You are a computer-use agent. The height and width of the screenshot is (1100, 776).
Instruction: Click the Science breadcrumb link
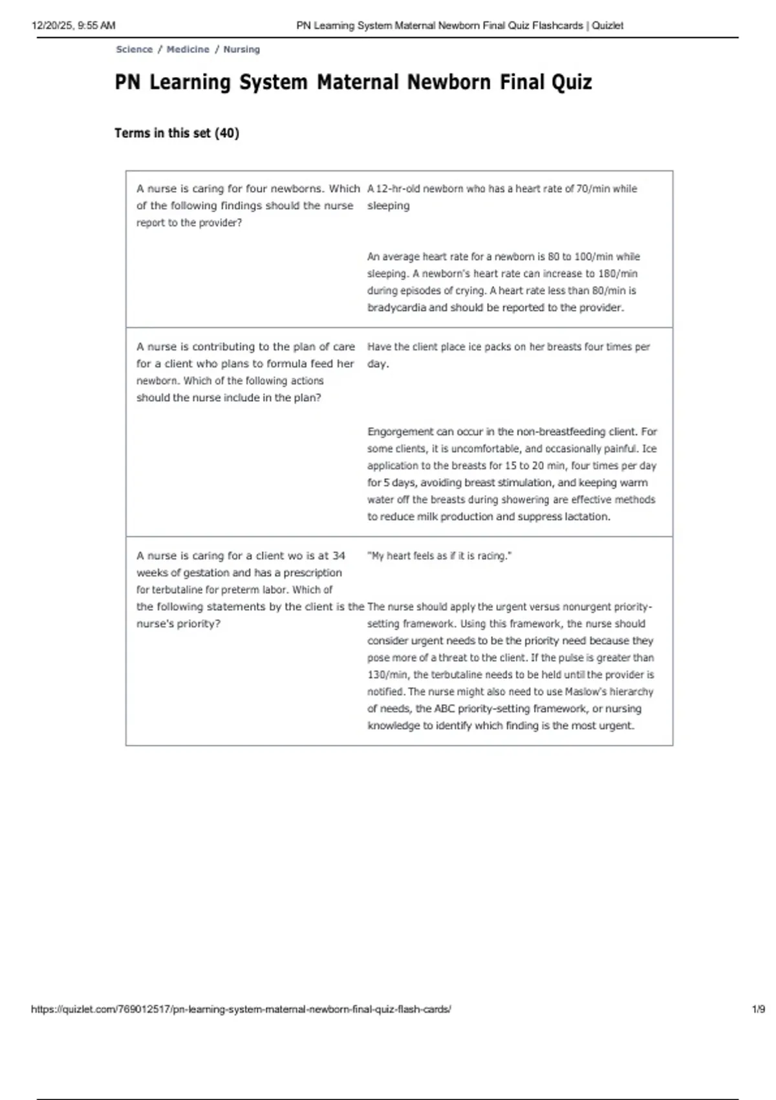click(134, 49)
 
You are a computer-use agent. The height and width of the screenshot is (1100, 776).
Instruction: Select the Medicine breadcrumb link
click(188, 49)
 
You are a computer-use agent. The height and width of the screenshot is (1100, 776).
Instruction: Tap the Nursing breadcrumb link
click(241, 49)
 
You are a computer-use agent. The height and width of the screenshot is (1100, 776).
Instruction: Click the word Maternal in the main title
click(358, 82)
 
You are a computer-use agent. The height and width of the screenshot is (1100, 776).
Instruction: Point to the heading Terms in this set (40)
click(177, 133)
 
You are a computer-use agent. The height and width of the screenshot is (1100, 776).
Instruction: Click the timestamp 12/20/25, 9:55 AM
click(73, 26)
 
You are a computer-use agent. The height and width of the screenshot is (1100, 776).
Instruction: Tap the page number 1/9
click(758, 1009)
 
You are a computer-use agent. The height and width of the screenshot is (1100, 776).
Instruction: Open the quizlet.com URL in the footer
click(241, 1009)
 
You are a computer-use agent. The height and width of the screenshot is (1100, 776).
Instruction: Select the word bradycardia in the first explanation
click(396, 308)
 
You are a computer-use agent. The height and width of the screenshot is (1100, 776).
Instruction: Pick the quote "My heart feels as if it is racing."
click(439, 556)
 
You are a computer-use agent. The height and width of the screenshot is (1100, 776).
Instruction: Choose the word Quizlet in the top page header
click(608, 26)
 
